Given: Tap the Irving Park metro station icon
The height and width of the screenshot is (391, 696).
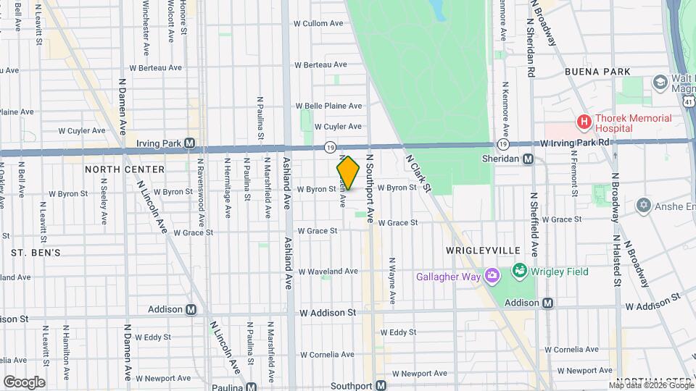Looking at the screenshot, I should [190, 143].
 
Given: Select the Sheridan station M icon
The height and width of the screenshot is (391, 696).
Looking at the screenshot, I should [529, 159].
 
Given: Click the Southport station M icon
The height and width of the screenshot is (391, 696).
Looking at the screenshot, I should [380, 385].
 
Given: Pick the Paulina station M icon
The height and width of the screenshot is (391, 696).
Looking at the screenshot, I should [251, 387].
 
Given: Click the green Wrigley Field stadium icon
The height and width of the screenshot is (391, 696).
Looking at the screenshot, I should [519, 272].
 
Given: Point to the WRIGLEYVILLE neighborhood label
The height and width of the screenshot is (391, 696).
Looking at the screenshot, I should [482, 250].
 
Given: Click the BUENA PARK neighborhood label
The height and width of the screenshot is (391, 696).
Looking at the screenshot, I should [597, 72].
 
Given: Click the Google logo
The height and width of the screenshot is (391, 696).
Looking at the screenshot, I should [23, 382].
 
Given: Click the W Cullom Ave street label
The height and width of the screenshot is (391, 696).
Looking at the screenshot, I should [318, 23].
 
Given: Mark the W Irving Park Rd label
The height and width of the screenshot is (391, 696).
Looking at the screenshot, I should [576, 143].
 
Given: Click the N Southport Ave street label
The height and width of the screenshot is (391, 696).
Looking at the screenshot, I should [370, 188].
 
